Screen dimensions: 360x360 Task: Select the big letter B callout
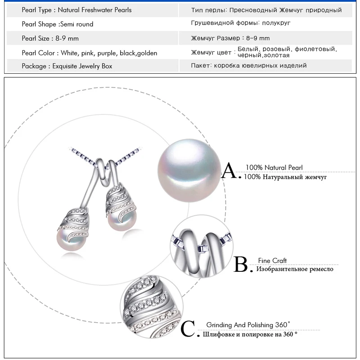pyautogui.click(x=242, y=265)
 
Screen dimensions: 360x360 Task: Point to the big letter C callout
pyautogui.click(x=189, y=329)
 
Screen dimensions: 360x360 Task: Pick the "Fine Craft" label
pyautogui.click(x=272, y=261)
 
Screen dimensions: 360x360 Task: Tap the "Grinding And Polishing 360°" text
pyautogui.click(x=248, y=324)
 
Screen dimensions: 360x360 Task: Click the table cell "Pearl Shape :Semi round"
pyautogui.click(x=58, y=24)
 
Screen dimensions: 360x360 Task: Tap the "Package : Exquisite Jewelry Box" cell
pyautogui.click(x=67, y=66)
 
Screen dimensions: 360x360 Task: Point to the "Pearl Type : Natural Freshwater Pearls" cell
pyautogui.click(x=76, y=9)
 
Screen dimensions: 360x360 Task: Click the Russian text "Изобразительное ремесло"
pyautogui.click(x=295, y=269)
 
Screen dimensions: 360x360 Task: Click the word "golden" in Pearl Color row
pyautogui.click(x=147, y=53)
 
